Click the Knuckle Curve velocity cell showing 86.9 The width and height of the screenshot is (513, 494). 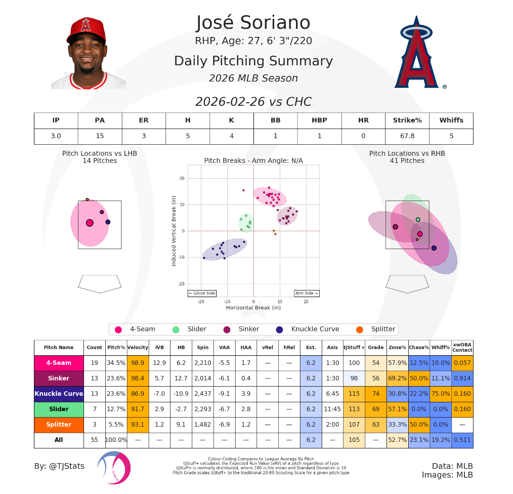(x=138, y=394)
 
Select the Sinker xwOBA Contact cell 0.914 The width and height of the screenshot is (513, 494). (x=462, y=379)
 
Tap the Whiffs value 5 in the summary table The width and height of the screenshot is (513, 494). (x=451, y=136)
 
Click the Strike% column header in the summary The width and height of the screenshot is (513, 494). (x=407, y=120)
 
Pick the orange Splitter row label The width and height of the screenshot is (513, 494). (x=59, y=425)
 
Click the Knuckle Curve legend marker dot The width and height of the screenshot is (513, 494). (x=279, y=330)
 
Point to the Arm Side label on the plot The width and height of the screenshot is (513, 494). (x=307, y=293)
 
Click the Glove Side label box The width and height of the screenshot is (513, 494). (x=202, y=293)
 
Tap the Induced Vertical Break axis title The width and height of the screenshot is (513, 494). (x=174, y=231)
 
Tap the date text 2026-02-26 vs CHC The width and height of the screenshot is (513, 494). (x=253, y=102)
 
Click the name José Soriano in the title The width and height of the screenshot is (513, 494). (x=253, y=23)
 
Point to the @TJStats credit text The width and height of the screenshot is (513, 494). (x=59, y=466)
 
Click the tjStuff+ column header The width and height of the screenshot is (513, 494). (x=354, y=348)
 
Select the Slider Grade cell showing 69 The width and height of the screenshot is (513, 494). (x=375, y=409)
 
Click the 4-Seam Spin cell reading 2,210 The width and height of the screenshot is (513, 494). (x=202, y=363)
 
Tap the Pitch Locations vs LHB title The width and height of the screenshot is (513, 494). (x=100, y=153)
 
